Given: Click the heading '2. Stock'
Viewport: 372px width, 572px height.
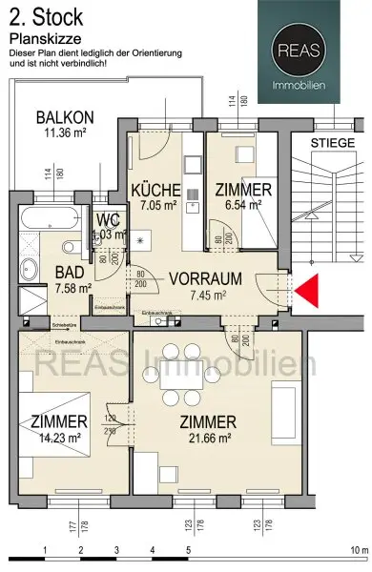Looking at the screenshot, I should (45, 15).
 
